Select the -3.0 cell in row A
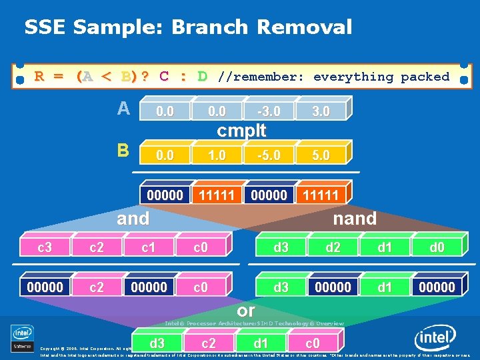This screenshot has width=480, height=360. [x=269, y=111]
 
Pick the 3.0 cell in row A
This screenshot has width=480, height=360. [x=321, y=111]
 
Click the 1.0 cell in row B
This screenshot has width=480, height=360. [x=217, y=155]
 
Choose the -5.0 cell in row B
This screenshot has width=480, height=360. [x=269, y=155]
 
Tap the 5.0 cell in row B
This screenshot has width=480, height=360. [x=321, y=155]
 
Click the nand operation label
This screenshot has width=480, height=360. [x=355, y=218]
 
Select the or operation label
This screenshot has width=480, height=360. [x=246, y=310]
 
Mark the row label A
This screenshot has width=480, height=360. [x=123, y=109]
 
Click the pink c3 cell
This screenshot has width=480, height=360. [x=45, y=248]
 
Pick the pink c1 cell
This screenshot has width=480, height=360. [x=148, y=248]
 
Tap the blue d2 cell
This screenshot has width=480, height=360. [x=333, y=248]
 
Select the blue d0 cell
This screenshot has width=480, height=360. [x=437, y=248]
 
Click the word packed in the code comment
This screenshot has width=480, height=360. [x=425, y=77]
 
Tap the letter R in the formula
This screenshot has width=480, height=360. [x=39, y=76]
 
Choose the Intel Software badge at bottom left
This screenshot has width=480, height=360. [x=22, y=337]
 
